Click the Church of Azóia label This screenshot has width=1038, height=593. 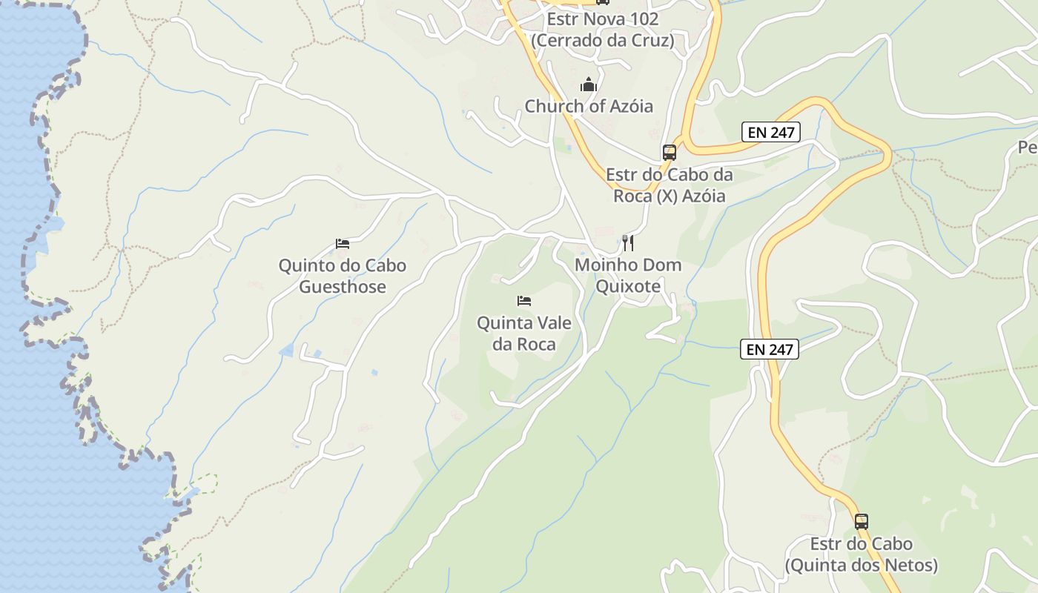589,106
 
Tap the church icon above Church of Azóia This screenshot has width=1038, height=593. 589,85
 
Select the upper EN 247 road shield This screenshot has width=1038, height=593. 771,133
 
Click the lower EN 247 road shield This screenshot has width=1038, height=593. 769,349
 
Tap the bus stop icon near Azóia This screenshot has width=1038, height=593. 670,153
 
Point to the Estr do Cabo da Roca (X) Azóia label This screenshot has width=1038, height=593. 669,185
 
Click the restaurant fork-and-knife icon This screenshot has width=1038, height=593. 628,242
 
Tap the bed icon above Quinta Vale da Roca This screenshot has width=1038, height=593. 524,300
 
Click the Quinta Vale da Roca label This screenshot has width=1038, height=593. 524,334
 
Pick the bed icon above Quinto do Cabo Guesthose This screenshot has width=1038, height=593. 342,243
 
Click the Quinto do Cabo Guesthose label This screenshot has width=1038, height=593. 343,276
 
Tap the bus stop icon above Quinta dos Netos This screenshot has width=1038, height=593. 861,521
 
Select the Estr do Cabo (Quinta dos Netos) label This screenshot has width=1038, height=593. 861,554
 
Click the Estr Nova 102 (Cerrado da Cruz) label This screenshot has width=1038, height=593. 603,30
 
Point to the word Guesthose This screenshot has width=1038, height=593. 343,287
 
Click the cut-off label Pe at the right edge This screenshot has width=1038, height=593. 1028,147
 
